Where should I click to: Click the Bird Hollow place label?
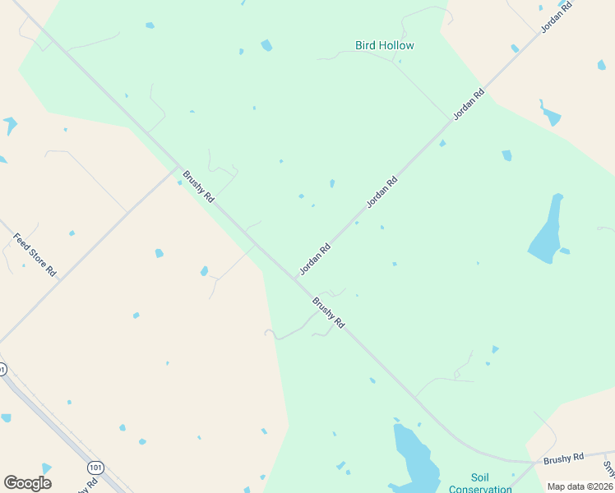click(x=384, y=45)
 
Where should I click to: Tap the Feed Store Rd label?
click(x=35, y=255)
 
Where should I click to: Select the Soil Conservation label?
click(x=480, y=483)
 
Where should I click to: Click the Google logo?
click(x=27, y=483)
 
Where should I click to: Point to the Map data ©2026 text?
click(x=580, y=486)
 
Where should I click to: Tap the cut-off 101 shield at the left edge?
click(x=2, y=370)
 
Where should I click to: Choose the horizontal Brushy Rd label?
click(x=563, y=456)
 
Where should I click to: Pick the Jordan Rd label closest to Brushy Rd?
click(x=315, y=258)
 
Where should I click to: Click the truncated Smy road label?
click(x=608, y=468)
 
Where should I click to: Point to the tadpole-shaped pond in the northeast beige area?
click(x=549, y=114)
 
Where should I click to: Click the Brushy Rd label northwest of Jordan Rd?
click(x=198, y=187)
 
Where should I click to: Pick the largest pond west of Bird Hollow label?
click(x=266, y=45)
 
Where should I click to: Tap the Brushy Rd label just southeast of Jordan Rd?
click(x=327, y=313)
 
